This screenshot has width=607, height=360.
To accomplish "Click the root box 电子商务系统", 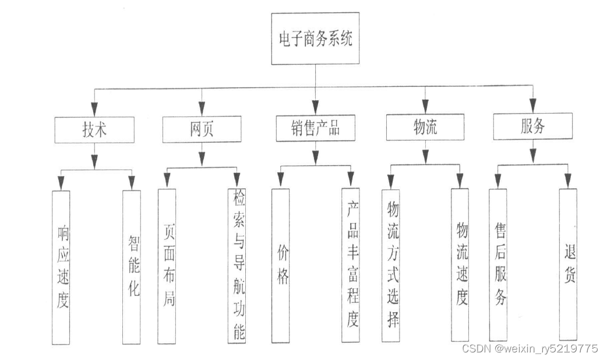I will coord(315,39).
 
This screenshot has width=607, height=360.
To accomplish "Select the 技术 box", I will coord(94,129).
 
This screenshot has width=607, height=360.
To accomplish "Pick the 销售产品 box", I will coord(315,128).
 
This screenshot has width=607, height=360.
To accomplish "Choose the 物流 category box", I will coord(425,128).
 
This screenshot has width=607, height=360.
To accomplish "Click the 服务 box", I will coord(532,126).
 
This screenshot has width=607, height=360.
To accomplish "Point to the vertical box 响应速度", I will coord(61,267).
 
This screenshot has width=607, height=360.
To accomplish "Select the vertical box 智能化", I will coord(132,267).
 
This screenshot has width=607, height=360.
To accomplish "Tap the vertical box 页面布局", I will coord(167,266).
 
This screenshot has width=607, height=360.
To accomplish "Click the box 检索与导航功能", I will coord(237,265).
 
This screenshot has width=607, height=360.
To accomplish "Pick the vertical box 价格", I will coord(281,265).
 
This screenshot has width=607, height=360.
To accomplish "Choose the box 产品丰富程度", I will coord(351,265).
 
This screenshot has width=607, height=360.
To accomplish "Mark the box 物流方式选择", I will coord(391,265).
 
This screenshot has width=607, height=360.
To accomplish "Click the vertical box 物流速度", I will coord(460,265).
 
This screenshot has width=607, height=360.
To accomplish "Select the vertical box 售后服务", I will coord(498,265).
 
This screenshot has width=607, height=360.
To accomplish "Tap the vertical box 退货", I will coord(569,265).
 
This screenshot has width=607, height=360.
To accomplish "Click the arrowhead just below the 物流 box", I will coord(425,156).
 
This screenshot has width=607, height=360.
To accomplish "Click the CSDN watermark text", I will coord(529,348).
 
